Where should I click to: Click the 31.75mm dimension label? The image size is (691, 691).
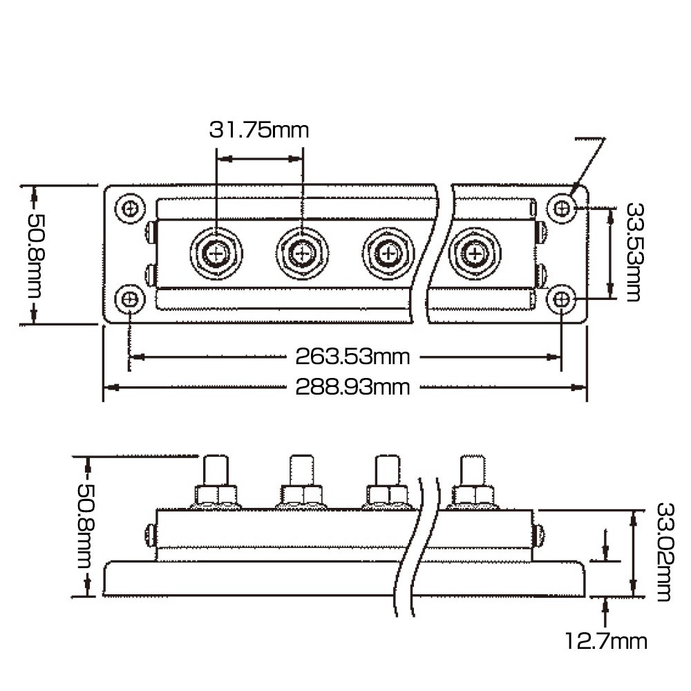point(258,130)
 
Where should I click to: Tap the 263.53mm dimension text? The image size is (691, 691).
point(352,357)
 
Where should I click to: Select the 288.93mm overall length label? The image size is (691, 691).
point(352,388)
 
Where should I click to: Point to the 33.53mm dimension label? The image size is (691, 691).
point(634,252)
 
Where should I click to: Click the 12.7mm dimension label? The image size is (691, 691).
point(606,641)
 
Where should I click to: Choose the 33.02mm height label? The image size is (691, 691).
point(665,552)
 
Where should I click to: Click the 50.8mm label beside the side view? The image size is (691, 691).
point(86,526)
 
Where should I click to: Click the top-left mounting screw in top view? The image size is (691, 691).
point(130,208)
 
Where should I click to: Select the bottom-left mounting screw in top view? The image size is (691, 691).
point(130,300)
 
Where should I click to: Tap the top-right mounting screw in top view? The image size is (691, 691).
point(561,208)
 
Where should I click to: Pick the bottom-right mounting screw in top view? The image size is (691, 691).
point(561,300)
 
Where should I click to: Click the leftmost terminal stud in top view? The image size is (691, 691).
point(216,254)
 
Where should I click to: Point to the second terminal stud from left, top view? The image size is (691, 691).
point(303,254)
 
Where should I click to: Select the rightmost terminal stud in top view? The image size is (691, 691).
point(475,254)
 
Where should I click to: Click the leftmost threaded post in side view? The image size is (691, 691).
point(216,470)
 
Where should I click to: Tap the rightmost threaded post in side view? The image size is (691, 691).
point(473,470)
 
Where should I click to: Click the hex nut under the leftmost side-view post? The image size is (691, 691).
point(216,495)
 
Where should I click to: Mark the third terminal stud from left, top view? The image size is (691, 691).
point(388,254)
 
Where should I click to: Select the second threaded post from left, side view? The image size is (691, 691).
point(302,470)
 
